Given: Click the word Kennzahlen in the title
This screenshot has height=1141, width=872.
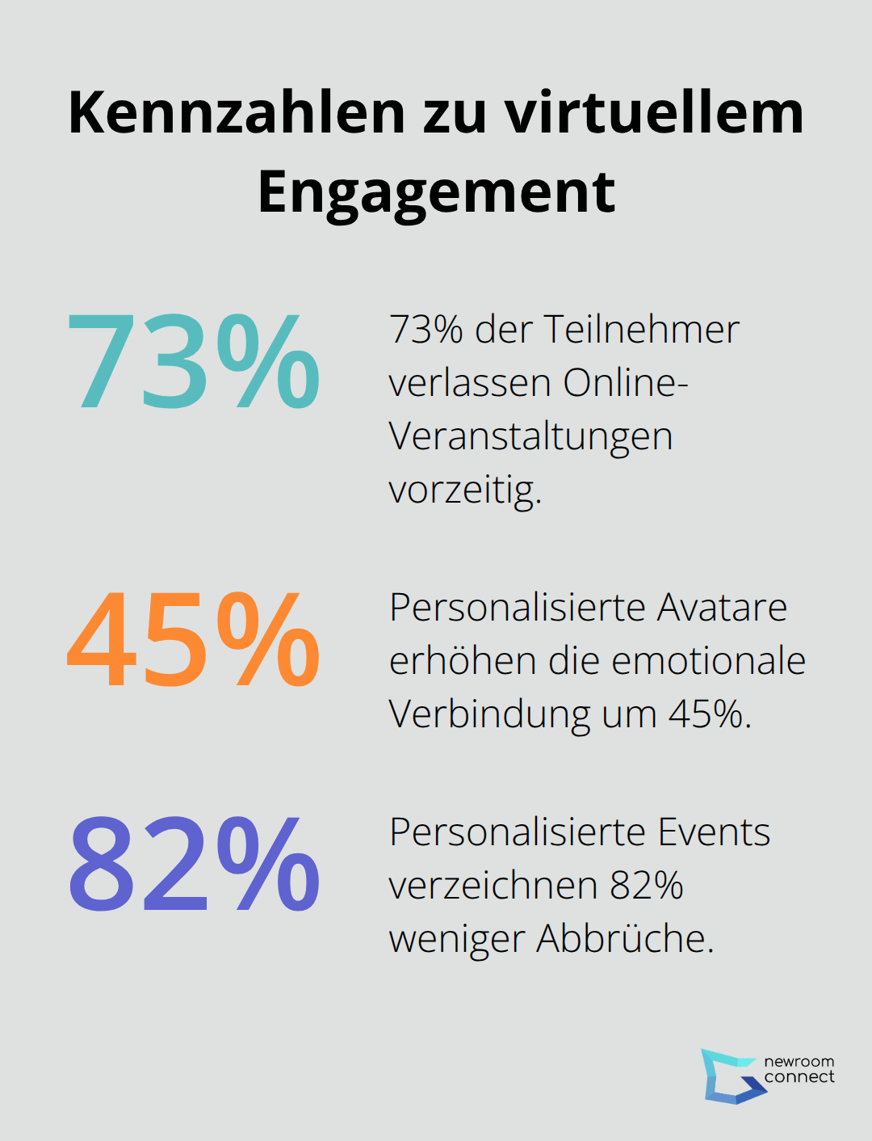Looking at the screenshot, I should pos(237,112).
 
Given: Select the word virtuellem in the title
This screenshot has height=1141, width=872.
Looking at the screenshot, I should pos(655,112).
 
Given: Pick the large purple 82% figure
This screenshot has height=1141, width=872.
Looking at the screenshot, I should pos(194,864).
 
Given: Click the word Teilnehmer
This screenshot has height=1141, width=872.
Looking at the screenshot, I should pos(641,330).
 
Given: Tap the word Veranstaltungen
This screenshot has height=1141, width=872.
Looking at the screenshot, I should pos(530,437).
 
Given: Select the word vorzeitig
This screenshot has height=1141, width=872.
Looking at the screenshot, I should pos(464,490).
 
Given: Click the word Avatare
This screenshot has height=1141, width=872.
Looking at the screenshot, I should pos(721,608).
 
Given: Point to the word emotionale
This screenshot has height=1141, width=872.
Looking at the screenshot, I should pos(708,661).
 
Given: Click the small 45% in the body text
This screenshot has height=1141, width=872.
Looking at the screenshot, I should pos(709,714).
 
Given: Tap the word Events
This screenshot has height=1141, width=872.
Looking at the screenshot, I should pos(713,832).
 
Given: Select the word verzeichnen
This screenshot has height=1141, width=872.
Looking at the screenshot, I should pos(493,886).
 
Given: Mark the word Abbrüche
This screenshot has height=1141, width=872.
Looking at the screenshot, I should pos(625,939).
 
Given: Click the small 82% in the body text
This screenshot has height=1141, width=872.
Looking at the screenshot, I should pos(646,886).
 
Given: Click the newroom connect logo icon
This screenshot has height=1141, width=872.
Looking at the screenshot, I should pos(731,1076).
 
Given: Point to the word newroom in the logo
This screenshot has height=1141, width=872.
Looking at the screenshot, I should pos(799,1062).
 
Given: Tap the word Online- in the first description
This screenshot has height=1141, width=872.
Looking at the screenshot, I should pos(625,383).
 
